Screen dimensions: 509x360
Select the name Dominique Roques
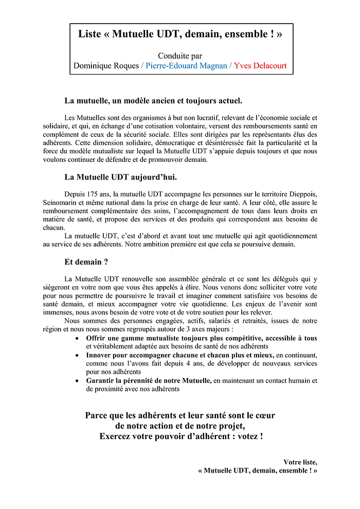tap(106, 66)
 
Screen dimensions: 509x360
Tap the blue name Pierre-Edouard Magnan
tap(186, 66)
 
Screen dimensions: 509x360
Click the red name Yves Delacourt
tap(260, 66)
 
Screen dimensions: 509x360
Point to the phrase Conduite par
tap(180, 56)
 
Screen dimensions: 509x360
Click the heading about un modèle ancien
tap(153, 100)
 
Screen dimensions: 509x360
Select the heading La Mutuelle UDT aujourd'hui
tap(120, 177)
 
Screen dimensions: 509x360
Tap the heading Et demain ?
tap(86, 262)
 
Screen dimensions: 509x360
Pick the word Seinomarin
tap(60, 203)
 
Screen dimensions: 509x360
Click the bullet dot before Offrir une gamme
tap(77, 338)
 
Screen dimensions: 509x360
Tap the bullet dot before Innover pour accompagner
tap(77, 355)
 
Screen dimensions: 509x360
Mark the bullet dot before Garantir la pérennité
tap(77, 381)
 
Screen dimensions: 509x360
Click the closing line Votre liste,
tap(300, 462)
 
